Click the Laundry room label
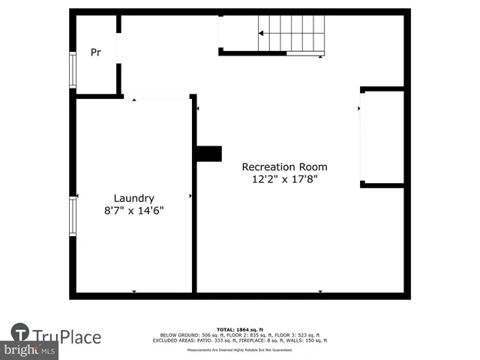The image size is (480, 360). pos(133,198)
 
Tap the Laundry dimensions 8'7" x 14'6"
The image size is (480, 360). pos(133,211)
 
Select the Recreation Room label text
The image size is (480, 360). pos(284,166)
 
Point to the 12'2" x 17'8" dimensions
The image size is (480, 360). pos(284,179)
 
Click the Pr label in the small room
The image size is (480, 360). pos(96,52)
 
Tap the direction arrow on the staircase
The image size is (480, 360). pos(262,33)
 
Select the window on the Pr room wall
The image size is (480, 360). pos(73,70)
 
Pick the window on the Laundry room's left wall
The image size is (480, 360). pos(73,216)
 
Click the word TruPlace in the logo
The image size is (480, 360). pos(66,337)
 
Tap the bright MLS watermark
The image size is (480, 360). pos(30,350)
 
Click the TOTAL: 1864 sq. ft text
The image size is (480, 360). pos(240,329)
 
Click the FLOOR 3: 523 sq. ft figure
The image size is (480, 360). pos(298,335)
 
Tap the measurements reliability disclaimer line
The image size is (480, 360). pos(240,349)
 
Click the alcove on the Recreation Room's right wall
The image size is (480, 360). pos(382,137)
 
